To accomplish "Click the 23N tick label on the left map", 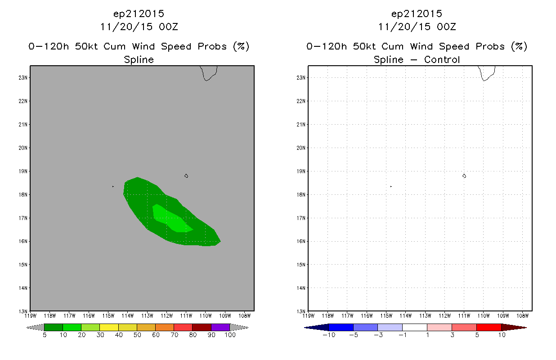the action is (x=22, y=78).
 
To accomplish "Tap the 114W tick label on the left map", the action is (x=128, y=316).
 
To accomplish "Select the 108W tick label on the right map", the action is (x=523, y=316).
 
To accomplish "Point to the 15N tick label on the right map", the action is (x=300, y=265).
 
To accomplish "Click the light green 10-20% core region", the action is (x=171, y=219).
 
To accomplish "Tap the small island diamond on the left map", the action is (x=186, y=176).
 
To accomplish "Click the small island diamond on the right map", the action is (x=464, y=176).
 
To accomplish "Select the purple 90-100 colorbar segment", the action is (x=220, y=327).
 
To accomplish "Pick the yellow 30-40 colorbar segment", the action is (x=109, y=327).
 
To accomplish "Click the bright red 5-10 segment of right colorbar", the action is (x=489, y=328).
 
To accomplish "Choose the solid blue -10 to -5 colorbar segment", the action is (x=341, y=328).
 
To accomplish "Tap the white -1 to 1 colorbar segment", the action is (x=415, y=328).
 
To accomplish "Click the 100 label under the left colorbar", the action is (x=230, y=335).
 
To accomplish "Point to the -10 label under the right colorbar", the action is (x=329, y=335).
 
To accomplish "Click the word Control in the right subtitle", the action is (x=442, y=59).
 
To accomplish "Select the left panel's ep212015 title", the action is (x=139, y=13).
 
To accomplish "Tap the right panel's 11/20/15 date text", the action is (x=404, y=27).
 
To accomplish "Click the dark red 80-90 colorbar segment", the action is (x=202, y=327).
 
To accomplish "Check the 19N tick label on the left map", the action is (x=22, y=171).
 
